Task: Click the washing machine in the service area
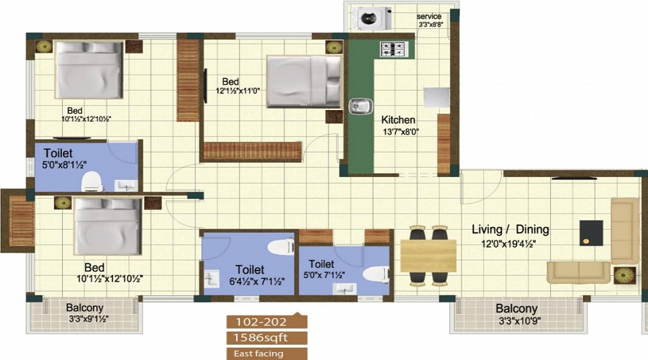tap(374, 19)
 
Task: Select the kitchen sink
tap(360, 107)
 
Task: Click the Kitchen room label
tap(398, 120)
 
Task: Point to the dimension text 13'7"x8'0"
tap(400, 132)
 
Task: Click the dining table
tap(428, 256)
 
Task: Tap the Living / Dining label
tap(510, 230)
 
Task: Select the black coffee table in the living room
tap(591, 233)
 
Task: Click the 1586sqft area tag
tap(261, 338)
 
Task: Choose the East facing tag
tap(258, 354)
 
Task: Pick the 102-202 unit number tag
tap(261, 322)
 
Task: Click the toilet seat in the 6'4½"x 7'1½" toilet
tap(281, 248)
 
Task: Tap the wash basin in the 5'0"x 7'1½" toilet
tap(344, 288)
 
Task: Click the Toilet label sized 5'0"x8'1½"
tap(58, 153)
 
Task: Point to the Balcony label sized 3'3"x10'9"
tap(516, 308)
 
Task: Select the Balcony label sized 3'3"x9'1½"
tap(85, 307)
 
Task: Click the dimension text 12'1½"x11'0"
tap(238, 91)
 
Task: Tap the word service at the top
tap(429, 17)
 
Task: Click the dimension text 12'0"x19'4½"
tap(508, 244)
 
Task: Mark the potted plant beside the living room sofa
tap(624, 274)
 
